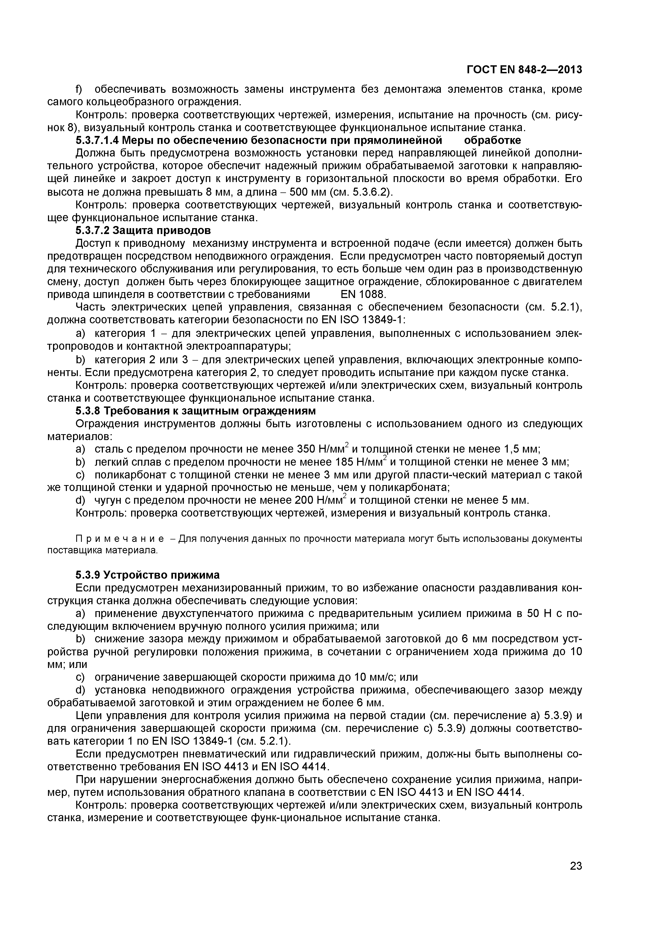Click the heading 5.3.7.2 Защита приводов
pyautogui.click(x=143, y=231)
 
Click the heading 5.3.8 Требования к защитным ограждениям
pyautogui.click(x=195, y=411)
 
